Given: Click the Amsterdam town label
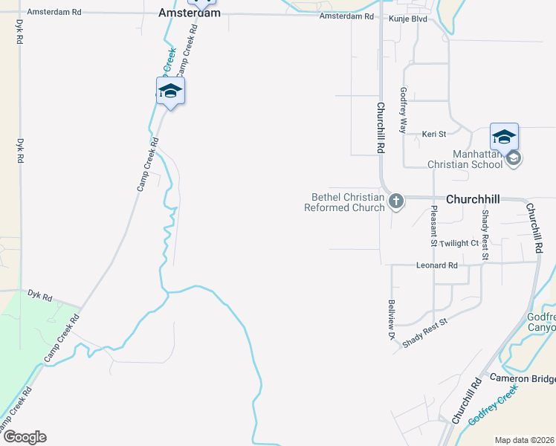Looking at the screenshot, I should point(190,13).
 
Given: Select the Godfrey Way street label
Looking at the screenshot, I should point(403,110).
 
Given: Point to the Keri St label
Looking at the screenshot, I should point(433,134).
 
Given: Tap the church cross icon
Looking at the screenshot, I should point(396,200).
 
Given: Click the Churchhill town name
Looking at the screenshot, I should point(472,199).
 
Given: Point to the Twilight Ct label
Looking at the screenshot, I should point(459,243).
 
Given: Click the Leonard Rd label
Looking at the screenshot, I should point(436,265).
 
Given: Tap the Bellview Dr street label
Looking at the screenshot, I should point(391,320).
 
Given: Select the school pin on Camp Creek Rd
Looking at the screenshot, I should point(170,91).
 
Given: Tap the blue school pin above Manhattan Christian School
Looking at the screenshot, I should point(504,138).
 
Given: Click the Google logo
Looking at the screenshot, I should point(25,437).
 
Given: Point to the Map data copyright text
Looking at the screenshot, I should point(524,440).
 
